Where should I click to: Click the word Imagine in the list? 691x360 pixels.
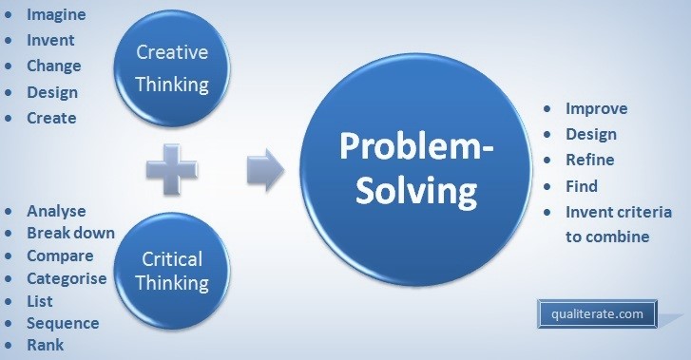56,15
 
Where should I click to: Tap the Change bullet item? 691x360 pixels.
54,66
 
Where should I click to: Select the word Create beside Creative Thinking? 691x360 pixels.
51,118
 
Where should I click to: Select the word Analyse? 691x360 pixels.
56,211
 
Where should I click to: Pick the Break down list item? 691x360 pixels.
70,233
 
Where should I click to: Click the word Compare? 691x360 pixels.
60,256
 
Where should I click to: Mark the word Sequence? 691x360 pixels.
63,323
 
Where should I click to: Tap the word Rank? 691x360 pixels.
46,345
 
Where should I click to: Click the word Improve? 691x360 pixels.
596,108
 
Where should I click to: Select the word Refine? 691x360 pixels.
590,160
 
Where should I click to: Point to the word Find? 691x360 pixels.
582,186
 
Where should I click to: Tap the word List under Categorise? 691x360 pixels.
41,300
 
